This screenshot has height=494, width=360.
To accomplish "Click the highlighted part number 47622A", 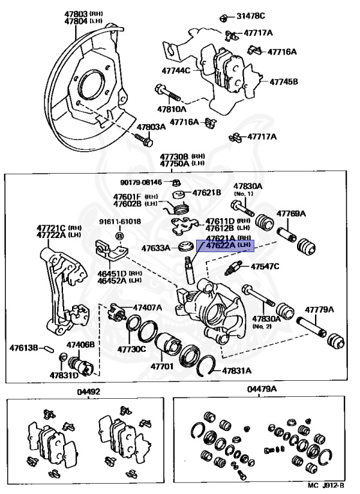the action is click(x=221, y=246).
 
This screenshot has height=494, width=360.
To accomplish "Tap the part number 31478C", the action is click(x=251, y=15).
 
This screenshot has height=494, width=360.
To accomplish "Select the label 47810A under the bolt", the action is click(x=172, y=109).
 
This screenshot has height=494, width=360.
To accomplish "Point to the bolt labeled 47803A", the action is click(x=144, y=141).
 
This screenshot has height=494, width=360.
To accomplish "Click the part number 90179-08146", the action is click(x=141, y=182).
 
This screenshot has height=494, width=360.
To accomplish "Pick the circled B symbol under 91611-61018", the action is click(x=120, y=235).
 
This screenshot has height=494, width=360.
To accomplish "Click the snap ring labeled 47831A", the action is click(x=206, y=365).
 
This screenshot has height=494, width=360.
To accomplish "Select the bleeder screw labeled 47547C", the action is click(x=233, y=268).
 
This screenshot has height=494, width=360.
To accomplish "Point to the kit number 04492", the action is click(x=89, y=392).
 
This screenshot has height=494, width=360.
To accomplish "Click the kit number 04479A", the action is click(x=262, y=389).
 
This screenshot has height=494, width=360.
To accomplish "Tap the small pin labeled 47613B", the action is click(x=49, y=349).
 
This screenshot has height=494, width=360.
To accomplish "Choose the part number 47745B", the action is click(x=283, y=82).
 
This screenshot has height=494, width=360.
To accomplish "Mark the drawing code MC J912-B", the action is click(x=326, y=485).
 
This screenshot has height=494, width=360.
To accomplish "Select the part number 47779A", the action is click(x=319, y=309).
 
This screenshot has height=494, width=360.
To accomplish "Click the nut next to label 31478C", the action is click(x=224, y=17).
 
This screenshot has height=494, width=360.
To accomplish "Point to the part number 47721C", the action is click(x=51, y=228).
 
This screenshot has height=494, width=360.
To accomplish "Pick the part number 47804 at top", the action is click(x=76, y=21).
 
